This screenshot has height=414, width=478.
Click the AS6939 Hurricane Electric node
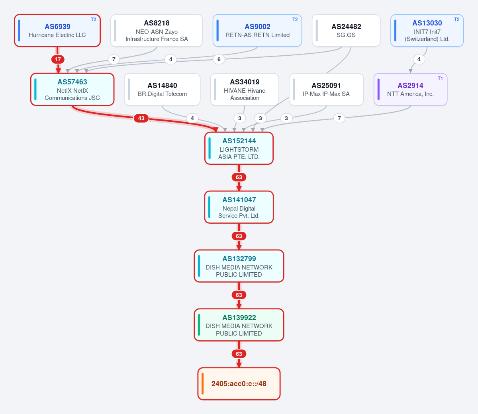coord(57,31)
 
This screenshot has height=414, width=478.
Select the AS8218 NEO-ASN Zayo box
coord(157,31)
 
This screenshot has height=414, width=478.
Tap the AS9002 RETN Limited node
coord(257,31)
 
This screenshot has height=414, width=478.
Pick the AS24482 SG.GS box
coord(346,31)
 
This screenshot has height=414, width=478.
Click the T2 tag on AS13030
coord(457,20)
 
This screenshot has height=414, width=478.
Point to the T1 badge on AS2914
coord(440,78)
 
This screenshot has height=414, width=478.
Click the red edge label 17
coord(58,59)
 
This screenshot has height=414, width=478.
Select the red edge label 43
coord(141,118)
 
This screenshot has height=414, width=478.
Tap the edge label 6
coord(219,59)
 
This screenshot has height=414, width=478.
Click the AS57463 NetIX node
coord(72,90)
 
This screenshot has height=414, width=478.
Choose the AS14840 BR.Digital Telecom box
coord(162,90)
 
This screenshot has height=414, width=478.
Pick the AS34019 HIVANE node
coord(245,90)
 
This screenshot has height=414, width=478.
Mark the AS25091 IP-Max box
coord(326,90)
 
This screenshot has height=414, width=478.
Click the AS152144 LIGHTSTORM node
coord(239,148)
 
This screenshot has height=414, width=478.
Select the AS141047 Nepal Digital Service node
coord(239,207)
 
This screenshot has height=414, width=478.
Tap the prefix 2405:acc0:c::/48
coord(239,384)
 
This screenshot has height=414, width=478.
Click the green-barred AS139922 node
coord(239,325)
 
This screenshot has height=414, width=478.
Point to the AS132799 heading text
coord(239,259)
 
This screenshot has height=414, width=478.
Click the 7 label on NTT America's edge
coord(339,118)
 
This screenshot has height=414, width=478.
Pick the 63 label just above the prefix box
coord(239,354)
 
